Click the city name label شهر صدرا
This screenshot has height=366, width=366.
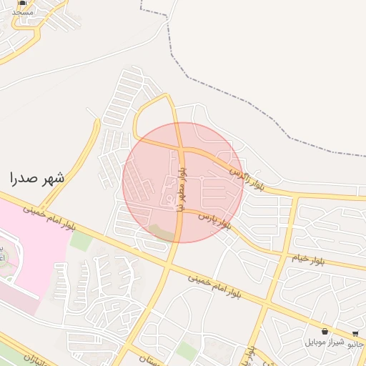(x=37, y=178)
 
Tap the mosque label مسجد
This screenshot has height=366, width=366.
(x=22, y=12)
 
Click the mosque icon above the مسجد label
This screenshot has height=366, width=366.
(x=22, y=4)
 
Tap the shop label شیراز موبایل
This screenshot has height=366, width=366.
(x=325, y=342)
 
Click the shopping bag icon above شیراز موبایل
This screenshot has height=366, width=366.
(x=325, y=332)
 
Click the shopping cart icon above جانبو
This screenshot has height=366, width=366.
(x=355, y=333)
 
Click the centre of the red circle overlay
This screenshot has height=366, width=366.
(x=182, y=182)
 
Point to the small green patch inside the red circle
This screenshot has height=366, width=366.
(x=161, y=232)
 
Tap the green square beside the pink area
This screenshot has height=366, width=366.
(x=81, y=241)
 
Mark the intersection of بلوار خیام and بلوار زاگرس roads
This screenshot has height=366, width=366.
(x=296, y=194)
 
